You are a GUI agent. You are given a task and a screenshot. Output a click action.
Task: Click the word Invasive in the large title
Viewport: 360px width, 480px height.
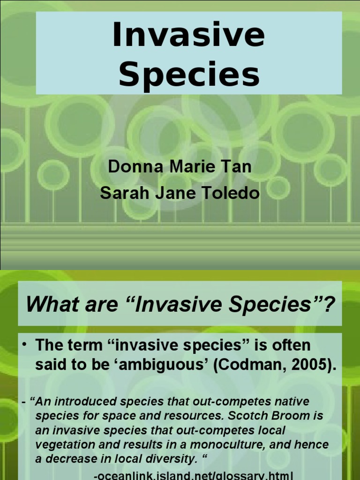tap(188, 36)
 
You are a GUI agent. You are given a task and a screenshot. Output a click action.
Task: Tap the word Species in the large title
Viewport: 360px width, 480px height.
tap(188, 75)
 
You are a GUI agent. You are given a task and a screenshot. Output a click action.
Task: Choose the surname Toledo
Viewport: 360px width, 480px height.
tap(232, 194)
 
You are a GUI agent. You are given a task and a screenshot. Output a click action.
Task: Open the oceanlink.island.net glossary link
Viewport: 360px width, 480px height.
tap(194, 475)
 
